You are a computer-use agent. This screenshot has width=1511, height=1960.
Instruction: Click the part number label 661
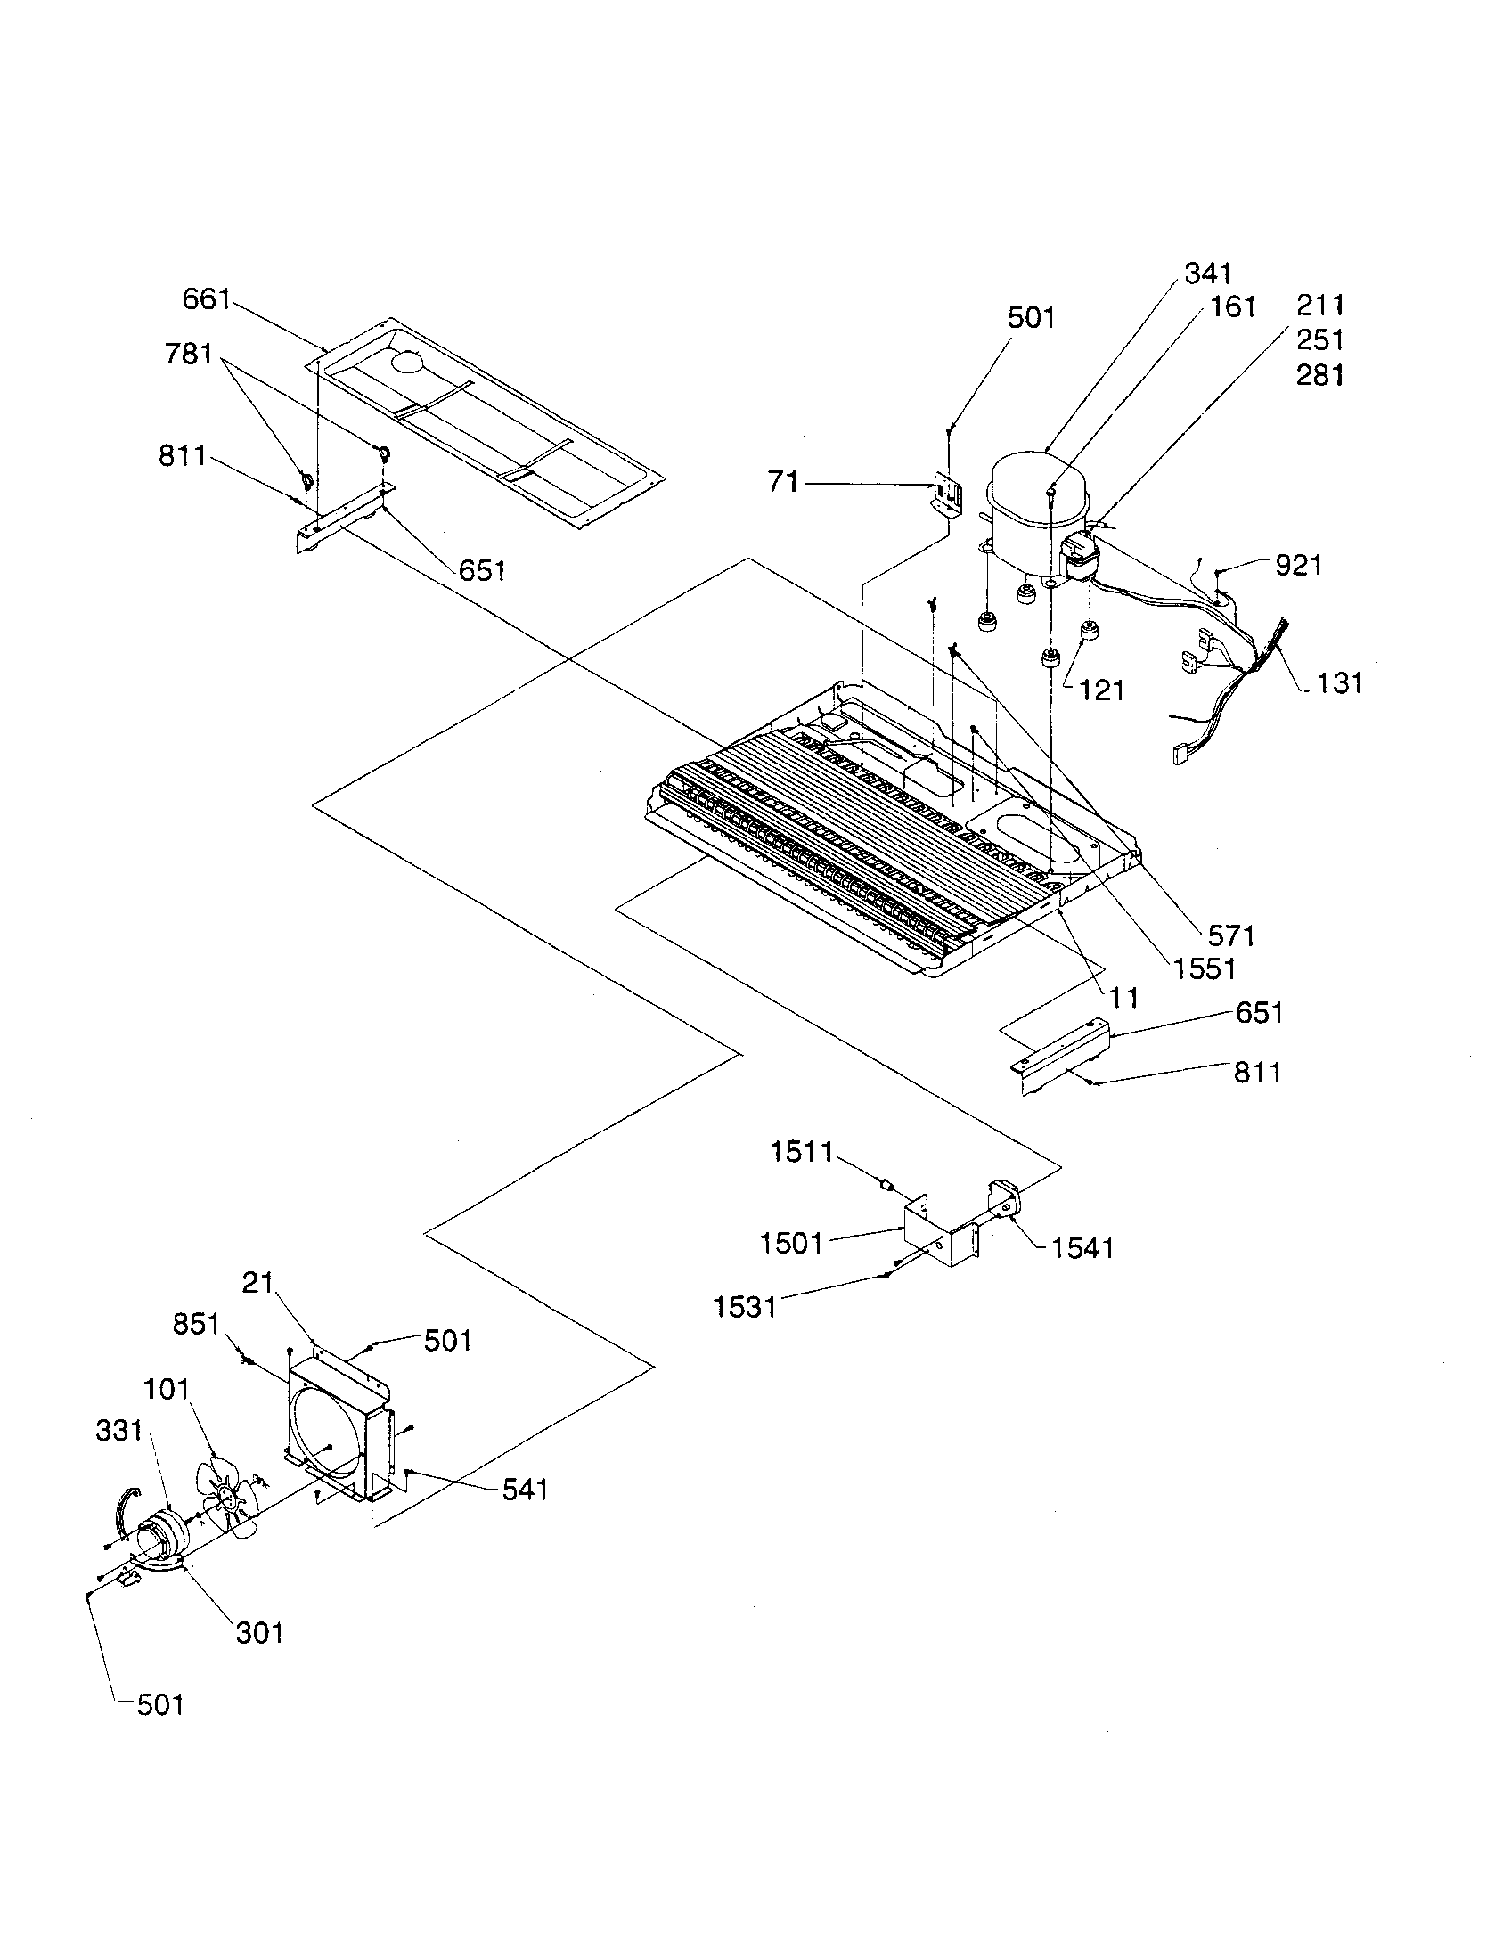point(207,298)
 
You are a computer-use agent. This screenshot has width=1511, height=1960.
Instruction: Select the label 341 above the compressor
point(1208,273)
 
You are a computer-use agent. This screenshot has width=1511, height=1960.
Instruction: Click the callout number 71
point(783,483)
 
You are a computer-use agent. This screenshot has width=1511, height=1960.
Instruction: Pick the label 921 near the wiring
point(1298,565)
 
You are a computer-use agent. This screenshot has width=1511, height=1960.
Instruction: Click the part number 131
point(1340,683)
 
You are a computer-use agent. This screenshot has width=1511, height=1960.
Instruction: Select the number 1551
point(1203,968)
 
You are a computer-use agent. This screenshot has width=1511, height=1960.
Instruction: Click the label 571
point(1230,936)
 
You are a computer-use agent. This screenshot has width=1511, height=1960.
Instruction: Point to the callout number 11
point(1123,997)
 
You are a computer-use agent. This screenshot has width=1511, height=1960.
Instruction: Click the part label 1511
point(802,1151)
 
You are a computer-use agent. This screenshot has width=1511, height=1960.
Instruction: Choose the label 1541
point(1082,1247)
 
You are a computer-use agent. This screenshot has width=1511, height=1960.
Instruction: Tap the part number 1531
point(745,1308)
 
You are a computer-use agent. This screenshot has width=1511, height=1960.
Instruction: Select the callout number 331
point(119,1430)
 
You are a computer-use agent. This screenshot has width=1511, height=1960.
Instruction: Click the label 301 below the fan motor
point(259,1632)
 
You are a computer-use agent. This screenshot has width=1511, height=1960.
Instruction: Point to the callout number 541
point(525,1490)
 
